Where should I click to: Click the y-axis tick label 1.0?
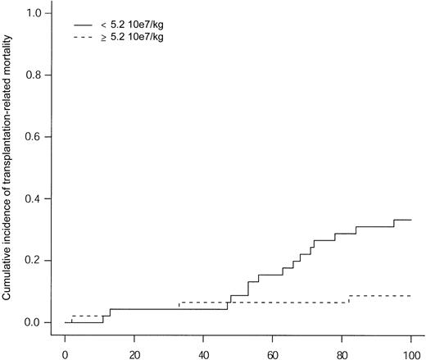click(x=34, y=14)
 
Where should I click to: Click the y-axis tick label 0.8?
click(x=34, y=75)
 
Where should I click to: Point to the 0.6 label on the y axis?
click(x=34, y=137)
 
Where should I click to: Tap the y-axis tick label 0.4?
click(x=34, y=199)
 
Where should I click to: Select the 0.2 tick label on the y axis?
click(x=34, y=261)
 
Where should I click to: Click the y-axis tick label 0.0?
click(x=34, y=322)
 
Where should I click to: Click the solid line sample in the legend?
click(x=85, y=25)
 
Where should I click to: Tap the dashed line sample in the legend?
click(x=85, y=38)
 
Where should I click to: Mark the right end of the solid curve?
click(x=410, y=220)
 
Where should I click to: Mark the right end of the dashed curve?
click(x=410, y=295)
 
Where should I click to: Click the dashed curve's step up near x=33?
click(x=179, y=306)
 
